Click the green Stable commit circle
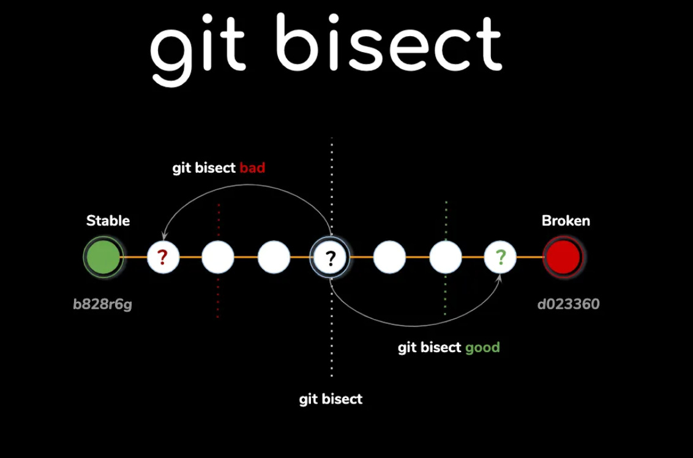click(x=103, y=257)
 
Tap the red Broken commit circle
click(x=563, y=257)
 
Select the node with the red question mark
click(x=163, y=257)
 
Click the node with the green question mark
click(x=500, y=257)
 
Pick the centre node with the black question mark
click(x=331, y=258)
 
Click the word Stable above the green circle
click(x=108, y=220)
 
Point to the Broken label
click(x=566, y=220)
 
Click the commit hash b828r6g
click(x=102, y=304)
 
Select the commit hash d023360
click(x=568, y=304)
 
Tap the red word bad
click(x=252, y=168)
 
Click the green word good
click(x=482, y=348)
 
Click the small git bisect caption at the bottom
click(x=331, y=399)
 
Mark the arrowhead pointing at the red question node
click(x=163, y=237)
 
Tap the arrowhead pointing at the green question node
click(x=500, y=277)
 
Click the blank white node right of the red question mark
click(x=218, y=257)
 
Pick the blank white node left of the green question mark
click(x=446, y=257)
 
